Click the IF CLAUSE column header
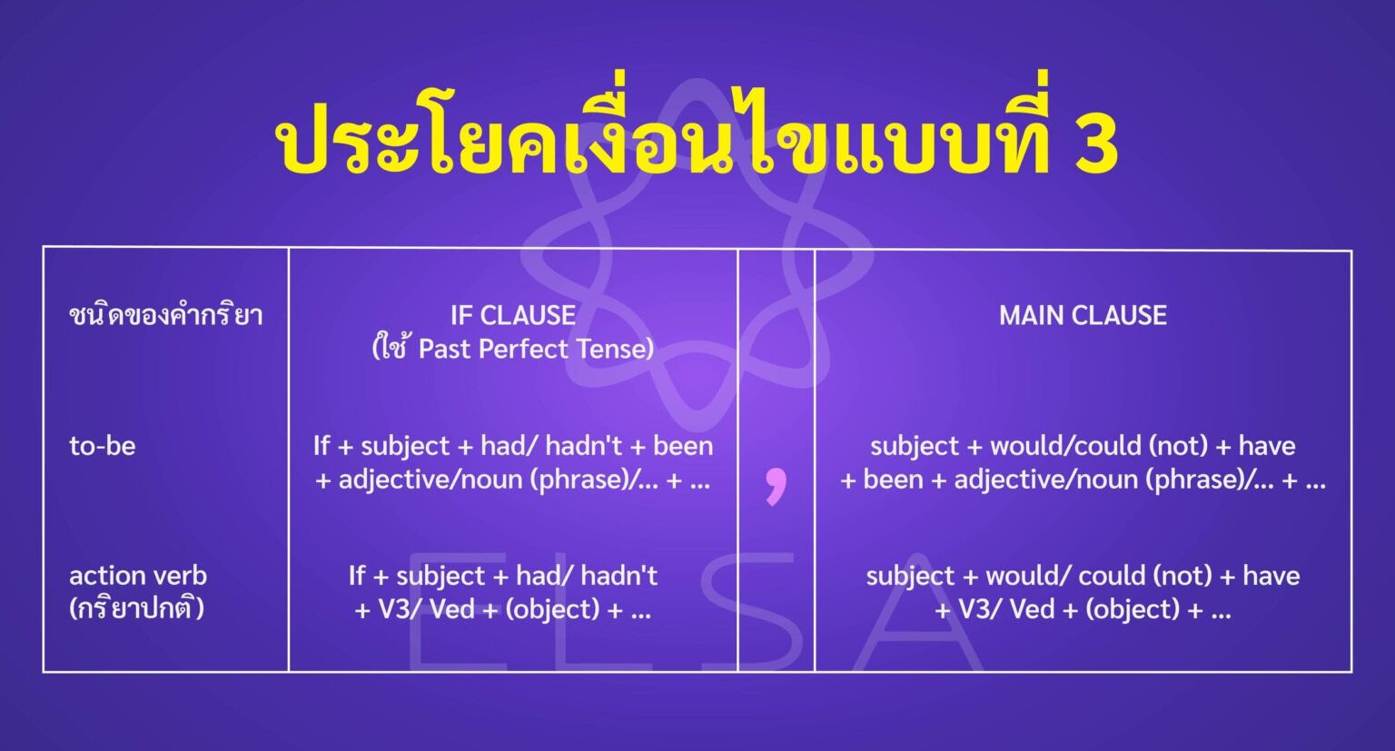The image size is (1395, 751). [513, 315]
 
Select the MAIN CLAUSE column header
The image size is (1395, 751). [1083, 315]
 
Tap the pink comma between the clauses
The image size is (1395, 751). [775, 486]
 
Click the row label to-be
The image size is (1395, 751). [103, 446]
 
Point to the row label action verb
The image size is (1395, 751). [138, 576]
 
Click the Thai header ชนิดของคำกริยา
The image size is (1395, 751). [166, 316]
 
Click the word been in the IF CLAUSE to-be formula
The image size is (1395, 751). [683, 446]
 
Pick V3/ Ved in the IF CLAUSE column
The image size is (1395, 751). [426, 609]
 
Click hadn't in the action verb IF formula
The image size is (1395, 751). [618, 576]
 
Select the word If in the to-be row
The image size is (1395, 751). [322, 446]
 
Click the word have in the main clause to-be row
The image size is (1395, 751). [1267, 446]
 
